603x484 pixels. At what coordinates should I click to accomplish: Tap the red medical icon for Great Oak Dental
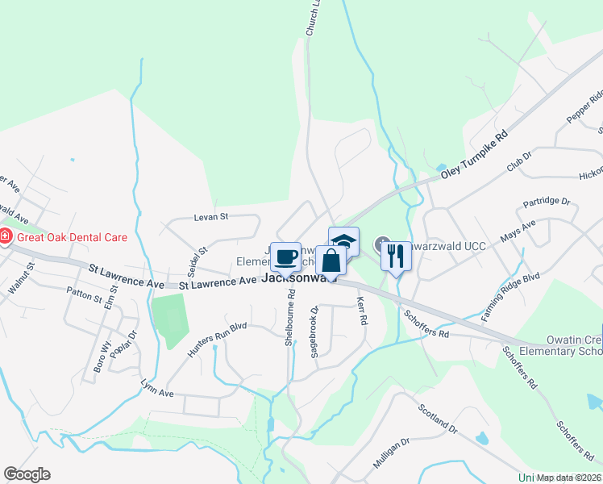[5, 237]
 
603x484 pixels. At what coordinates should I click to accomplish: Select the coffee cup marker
[285, 257]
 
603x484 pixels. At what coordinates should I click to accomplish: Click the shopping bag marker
[331, 261]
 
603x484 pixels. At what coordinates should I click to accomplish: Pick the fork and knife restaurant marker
[396, 256]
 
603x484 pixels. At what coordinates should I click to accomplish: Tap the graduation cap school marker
[343, 241]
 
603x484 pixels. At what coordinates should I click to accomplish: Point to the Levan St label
[212, 217]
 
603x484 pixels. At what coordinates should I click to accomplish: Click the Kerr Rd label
[362, 309]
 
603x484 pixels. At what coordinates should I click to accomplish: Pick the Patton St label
[85, 295]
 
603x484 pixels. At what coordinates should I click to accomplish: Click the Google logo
[27, 474]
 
